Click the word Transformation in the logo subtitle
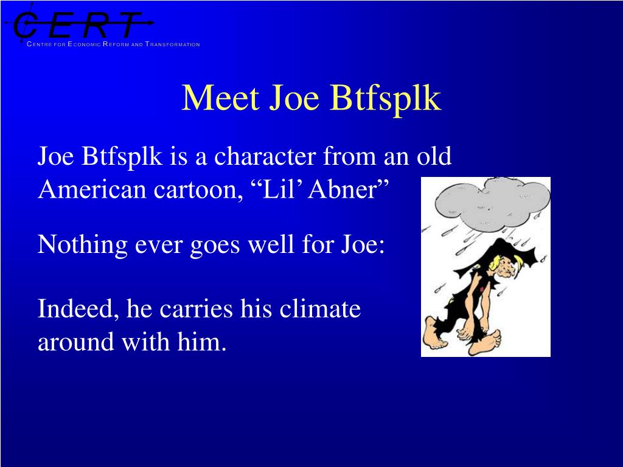[x=172, y=44]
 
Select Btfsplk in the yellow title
[x=385, y=99]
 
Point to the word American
[x=92, y=189]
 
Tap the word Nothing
[x=82, y=244]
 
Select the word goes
[x=215, y=246]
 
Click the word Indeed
[x=78, y=309]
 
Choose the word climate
[x=320, y=309]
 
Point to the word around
[x=76, y=342]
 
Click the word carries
[x=195, y=310]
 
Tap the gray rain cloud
[x=493, y=204]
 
